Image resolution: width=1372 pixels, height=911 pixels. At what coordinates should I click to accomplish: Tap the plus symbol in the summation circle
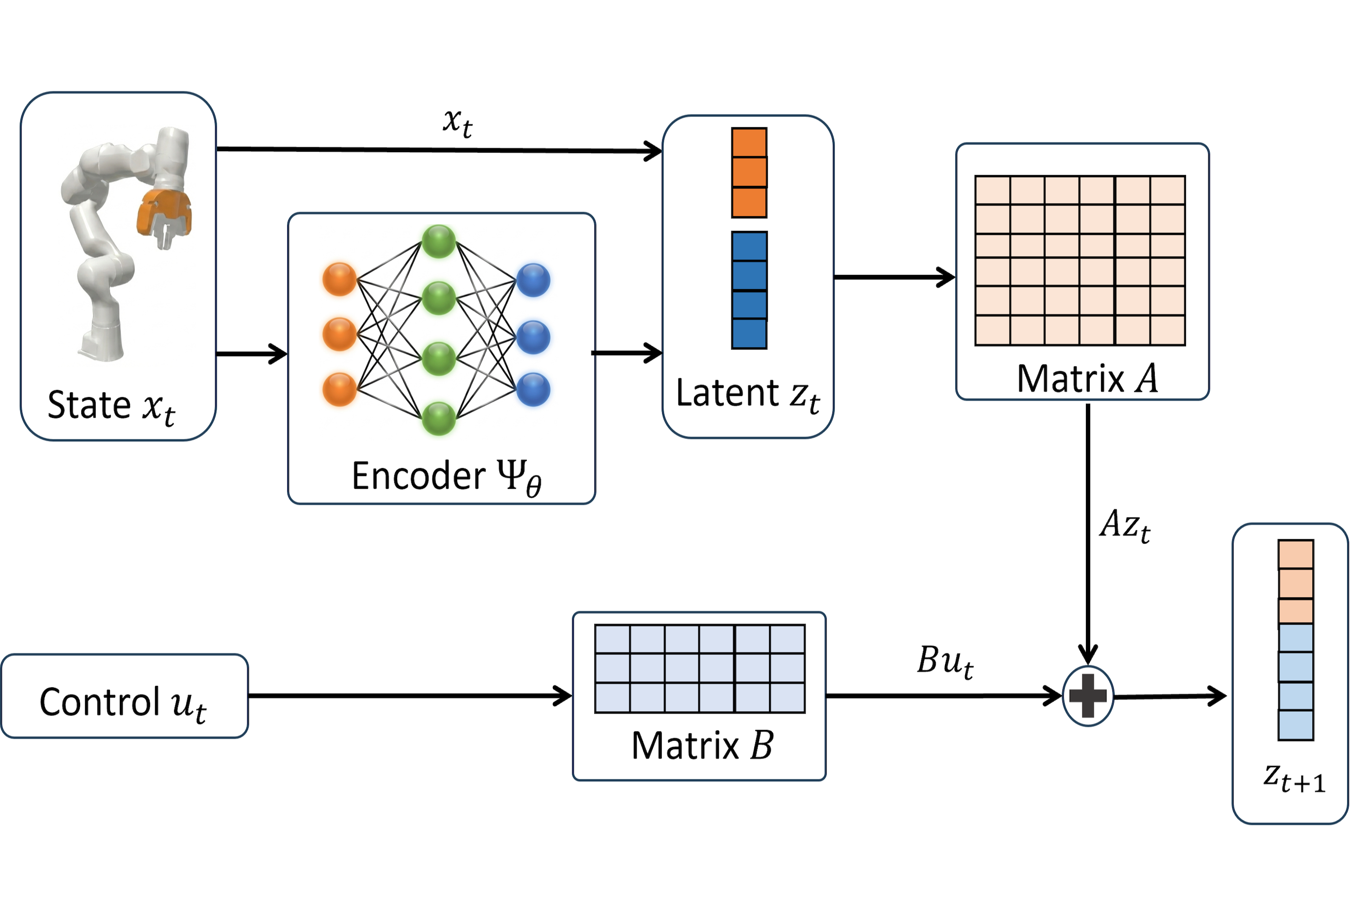(x=1087, y=695)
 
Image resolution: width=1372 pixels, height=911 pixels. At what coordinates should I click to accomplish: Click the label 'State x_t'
(x=111, y=406)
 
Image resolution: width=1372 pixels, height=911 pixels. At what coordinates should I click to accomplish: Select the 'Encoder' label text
(x=418, y=476)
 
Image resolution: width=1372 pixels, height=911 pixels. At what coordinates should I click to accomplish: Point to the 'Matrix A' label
(x=1087, y=379)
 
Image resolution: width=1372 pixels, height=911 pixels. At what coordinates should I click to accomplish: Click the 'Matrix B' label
(x=702, y=746)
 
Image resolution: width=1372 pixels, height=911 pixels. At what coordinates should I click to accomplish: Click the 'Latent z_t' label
(x=747, y=394)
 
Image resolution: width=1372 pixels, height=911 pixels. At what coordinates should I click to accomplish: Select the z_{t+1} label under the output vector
(x=1295, y=778)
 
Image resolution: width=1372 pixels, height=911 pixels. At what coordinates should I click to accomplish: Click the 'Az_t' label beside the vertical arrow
(x=1125, y=525)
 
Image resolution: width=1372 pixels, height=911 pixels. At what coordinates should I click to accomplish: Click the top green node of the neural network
(x=439, y=241)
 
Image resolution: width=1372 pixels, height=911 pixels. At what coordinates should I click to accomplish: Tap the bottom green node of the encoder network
(x=439, y=418)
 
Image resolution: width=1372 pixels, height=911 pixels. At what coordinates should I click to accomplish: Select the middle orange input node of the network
(x=339, y=334)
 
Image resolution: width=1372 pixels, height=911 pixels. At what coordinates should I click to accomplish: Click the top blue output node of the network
(x=533, y=280)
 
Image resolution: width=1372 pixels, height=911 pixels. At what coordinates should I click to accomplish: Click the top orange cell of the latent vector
(x=749, y=142)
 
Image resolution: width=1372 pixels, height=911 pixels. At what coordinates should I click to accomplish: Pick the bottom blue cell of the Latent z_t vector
(x=749, y=334)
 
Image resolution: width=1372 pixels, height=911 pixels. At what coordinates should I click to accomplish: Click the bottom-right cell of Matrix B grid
(x=787, y=698)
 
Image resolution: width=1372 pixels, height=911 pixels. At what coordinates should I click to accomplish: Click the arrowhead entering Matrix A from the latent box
(x=947, y=277)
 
